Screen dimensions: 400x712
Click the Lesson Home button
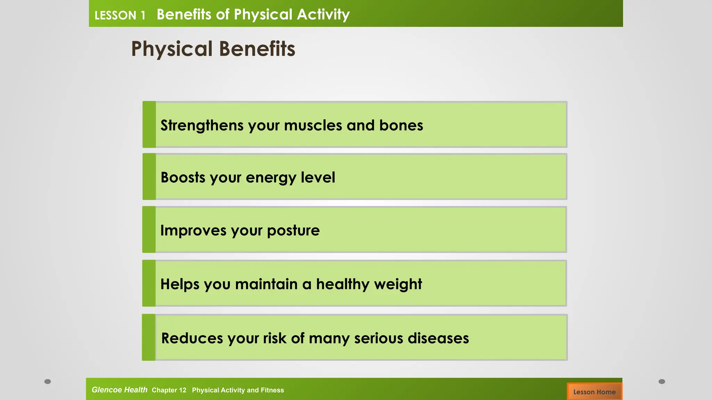594,392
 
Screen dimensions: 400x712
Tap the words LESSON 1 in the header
120,15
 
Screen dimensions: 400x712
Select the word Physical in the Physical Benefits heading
172,49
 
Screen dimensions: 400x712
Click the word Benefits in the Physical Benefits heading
257,49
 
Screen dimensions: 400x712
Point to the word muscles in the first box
313,125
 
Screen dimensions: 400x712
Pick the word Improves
193,231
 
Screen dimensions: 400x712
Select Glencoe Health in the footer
119,390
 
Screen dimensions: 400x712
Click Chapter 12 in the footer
169,390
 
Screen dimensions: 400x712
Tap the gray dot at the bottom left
48,382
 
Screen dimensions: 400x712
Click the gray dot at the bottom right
662,382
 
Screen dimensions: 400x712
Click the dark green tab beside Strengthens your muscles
149,124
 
